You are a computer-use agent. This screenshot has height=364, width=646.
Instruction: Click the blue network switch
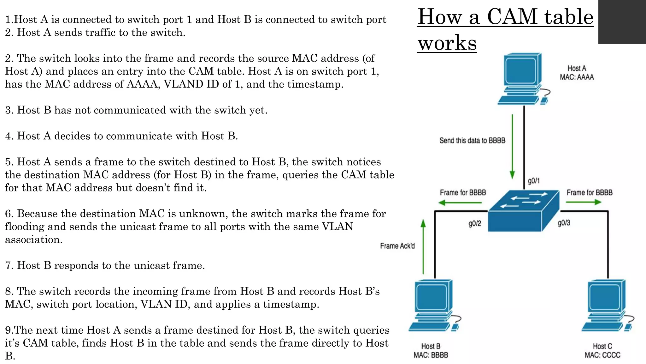(x=523, y=210)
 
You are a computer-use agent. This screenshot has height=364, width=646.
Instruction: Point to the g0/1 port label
(x=534, y=181)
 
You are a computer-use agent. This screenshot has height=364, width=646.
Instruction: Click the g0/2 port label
(x=475, y=224)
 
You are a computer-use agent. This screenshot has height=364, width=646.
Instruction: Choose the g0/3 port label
(x=564, y=223)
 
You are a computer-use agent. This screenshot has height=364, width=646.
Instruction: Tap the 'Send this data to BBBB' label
(x=472, y=141)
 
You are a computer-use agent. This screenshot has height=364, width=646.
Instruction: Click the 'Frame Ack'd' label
(x=397, y=246)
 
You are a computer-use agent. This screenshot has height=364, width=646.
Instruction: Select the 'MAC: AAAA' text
(x=577, y=77)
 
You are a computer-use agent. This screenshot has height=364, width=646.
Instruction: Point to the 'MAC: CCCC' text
(x=602, y=355)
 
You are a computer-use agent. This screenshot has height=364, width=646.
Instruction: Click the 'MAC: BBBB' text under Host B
(x=431, y=355)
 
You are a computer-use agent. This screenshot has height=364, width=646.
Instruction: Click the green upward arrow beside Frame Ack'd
(x=423, y=246)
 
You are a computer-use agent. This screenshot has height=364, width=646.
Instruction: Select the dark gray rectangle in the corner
(x=622, y=21)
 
